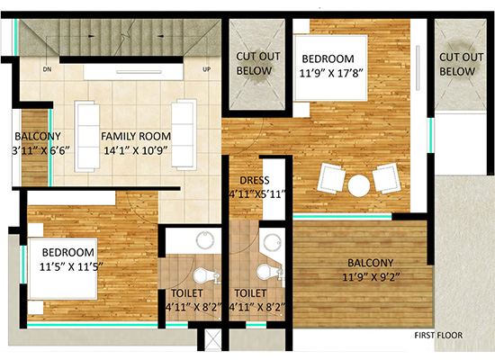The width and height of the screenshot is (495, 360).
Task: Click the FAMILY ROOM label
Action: (136, 137)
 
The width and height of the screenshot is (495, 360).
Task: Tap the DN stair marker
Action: (47, 69)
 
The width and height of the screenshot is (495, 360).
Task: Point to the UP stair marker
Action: (206, 69)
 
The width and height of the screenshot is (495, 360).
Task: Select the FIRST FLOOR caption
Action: (438, 336)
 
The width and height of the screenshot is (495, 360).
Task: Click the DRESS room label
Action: (255, 180)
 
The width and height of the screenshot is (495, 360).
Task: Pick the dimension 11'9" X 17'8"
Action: (330, 73)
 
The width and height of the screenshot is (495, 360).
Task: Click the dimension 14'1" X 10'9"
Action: (135, 150)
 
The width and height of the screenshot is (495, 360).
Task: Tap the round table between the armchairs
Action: (359, 185)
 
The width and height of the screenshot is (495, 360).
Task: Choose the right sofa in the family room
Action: (184, 135)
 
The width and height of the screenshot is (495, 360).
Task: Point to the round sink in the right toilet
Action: (272, 242)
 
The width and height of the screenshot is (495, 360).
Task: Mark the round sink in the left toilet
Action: (205, 240)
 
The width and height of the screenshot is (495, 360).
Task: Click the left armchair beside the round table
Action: (331, 177)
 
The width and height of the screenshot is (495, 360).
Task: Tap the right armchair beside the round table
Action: (387, 178)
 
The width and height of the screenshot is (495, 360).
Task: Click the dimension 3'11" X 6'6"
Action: (40, 150)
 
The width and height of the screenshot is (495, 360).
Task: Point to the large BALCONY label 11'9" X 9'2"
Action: (371, 270)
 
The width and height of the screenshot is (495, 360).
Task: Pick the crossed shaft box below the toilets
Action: (213, 340)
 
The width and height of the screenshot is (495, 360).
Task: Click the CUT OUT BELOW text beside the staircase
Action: (258, 64)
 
